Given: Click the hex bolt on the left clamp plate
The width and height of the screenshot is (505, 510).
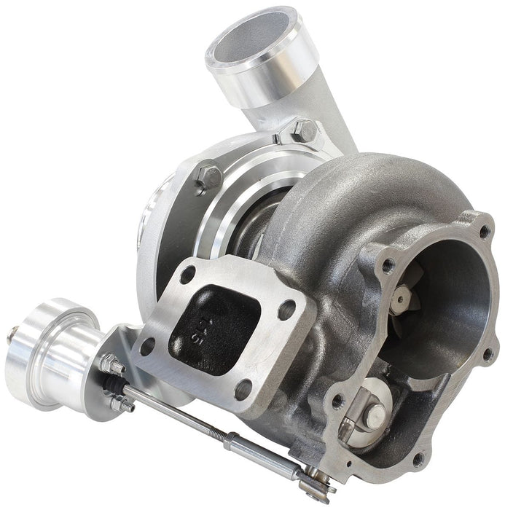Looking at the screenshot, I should pyautogui.click(x=210, y=175).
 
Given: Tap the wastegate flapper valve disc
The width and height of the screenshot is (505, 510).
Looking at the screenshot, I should pyautogui.click(x=376, y=416).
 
